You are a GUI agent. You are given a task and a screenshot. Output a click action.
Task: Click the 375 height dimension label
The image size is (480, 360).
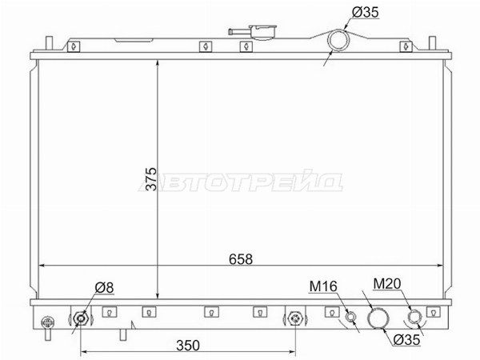(151, 178)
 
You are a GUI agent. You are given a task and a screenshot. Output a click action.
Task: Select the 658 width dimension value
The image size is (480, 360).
(241, 259)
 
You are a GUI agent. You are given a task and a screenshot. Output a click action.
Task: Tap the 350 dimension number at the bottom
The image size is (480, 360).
(188, 346)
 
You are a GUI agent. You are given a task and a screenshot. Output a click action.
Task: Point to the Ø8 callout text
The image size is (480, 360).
(104, 287)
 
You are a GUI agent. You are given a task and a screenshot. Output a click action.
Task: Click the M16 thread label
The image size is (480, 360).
(323, 286)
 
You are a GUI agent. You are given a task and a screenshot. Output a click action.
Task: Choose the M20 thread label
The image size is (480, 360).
(387, 284)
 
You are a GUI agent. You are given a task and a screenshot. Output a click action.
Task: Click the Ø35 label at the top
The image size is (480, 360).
(366, 12)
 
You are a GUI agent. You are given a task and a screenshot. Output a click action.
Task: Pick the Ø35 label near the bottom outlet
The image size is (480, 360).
(406, 339)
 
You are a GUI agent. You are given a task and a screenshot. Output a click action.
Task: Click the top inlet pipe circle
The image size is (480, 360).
(339, 41)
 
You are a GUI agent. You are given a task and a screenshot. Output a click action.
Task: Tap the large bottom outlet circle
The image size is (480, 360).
(378, 318)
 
